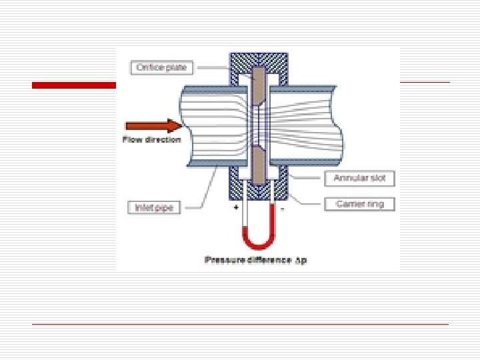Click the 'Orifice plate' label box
pos(162,67)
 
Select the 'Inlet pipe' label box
pos(154,207)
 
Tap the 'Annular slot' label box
pos(359,179)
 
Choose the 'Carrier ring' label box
pos(359,204)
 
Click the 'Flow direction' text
pos(151,139)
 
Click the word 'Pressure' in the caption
pos(225,259)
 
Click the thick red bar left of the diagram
pos(73,85)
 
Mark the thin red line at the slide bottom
pos(240,324)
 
